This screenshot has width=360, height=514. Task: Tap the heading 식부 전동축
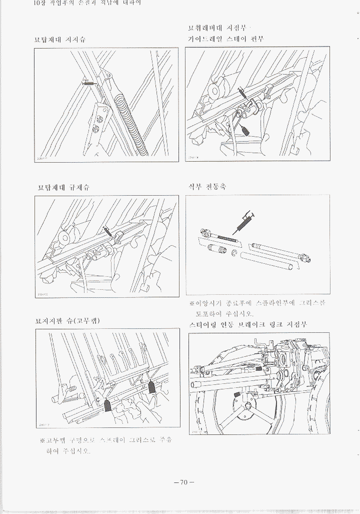pos(206,186)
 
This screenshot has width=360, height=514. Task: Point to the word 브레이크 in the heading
pos(258,325)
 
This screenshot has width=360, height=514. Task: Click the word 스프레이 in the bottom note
pos(111,440)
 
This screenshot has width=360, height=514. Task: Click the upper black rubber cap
pos(152,387)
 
